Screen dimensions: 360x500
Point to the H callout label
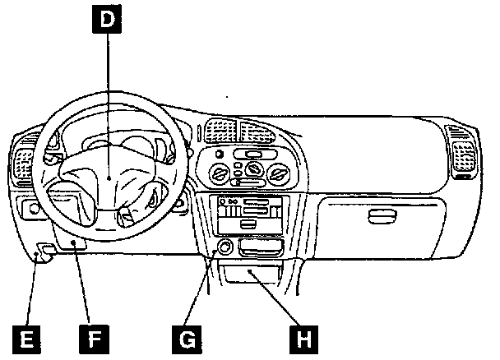point(305,338)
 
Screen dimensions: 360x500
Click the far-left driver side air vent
point(23,164)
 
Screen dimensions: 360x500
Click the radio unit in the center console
point(247,216)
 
